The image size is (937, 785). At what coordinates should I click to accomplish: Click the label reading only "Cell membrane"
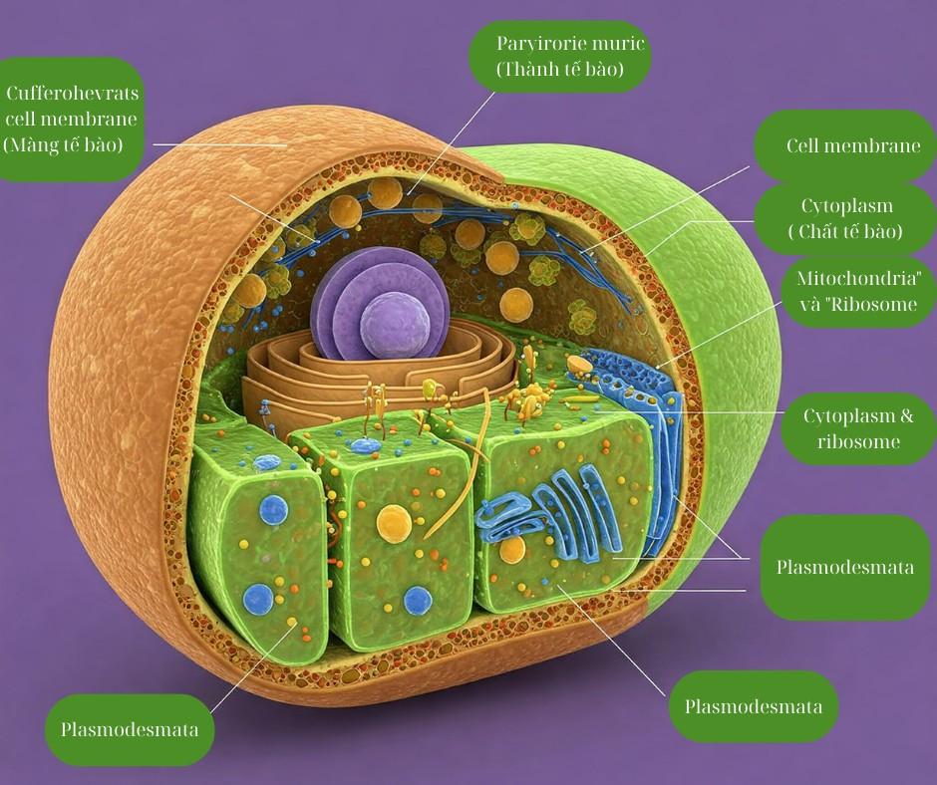tap(852, 146)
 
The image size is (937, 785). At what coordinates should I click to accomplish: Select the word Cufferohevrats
tap(73, 95)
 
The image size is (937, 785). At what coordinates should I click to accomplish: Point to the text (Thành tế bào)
tap(559, 70)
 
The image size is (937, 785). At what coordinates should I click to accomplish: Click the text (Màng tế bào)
tap(63, 144)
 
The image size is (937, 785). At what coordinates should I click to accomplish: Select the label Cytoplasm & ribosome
tap(851, 428)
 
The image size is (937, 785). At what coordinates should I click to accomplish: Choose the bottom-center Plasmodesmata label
tap(754, 707)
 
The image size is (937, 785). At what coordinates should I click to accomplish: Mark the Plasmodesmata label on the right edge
tap(845, 568)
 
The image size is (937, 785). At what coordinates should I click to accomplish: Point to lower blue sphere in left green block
tap(258, 600)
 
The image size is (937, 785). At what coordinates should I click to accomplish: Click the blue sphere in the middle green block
tap(418, 601)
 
